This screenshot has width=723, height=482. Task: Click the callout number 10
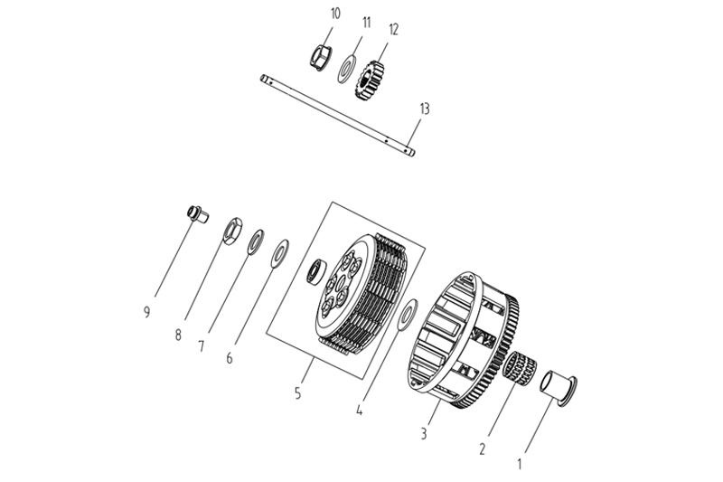310,14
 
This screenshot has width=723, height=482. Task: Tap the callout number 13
425,109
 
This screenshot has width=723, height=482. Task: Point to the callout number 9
146,313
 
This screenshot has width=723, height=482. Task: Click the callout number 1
519,465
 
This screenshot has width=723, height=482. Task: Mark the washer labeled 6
280,252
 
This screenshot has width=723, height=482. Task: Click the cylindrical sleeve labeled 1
558,386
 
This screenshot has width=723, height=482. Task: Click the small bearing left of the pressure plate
316,269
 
